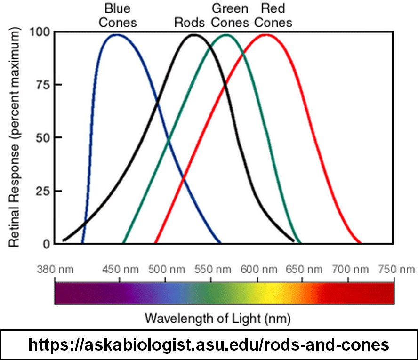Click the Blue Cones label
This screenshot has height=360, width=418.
tap(118, 16)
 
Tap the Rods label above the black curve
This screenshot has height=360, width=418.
tap(190, 23)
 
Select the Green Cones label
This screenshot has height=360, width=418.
tap(230, 16)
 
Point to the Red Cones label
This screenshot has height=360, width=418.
tap(273, 16)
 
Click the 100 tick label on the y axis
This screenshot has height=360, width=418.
tap(40, 32)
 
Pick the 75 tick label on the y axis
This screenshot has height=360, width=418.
tap(43, 85)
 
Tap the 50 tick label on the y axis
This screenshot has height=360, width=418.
tap(43, 138)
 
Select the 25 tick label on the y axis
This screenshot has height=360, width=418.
tap(43, 191)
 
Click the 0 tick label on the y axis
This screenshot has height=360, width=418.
tap(47, 244)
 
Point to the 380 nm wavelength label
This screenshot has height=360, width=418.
tap(55, 269)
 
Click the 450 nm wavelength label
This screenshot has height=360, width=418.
tap(121, 269)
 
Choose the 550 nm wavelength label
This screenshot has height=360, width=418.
tap(212, 269)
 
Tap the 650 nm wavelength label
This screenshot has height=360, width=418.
tap(304, 269)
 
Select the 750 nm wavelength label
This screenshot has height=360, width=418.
tap(397, 269)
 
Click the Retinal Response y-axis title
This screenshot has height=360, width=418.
tap(14, 137)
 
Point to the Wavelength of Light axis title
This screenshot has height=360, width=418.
tap(217, 319)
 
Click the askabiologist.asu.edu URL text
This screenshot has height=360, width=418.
tap(209, 344)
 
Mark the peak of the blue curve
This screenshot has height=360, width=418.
tap(116, 34)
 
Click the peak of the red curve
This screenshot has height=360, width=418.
tap(266, 34)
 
